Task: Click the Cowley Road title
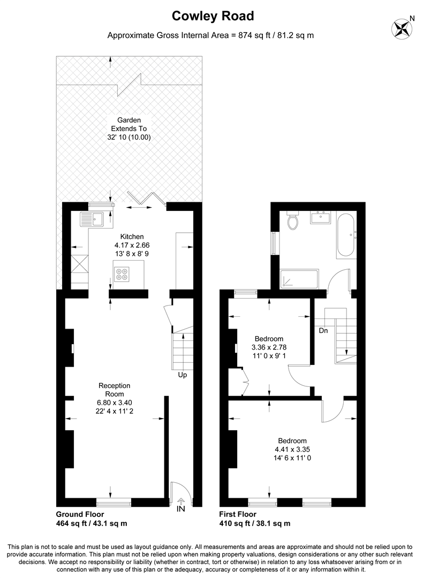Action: pyautogui.click(x=213, y=16)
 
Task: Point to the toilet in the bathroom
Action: pyautogui.click(x=293, y=220)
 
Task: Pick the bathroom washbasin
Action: pyautogui.click(x=321, y=217)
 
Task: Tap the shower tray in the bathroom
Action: pyautogui.click(x=299, y=279)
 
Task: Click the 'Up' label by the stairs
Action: pyautogui.click(x=183, y=375)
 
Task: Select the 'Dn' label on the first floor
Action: pyautogui.click(x=323, y=331)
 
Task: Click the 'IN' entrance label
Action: pyautogui.click(x=180, y=509)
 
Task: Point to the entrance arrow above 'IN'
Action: pyautogui.click(x=180, y=500)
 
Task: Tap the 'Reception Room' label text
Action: pyautogui.click(x=115, y=390)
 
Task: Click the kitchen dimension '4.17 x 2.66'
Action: pyautogui.click(x=132, y=245)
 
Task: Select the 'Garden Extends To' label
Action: pyautogui.click(x=129, y=124)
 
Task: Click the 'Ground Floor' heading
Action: pyautogui.click(x=80, y=514)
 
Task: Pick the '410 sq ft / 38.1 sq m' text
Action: pyautogui.click(x=254, y=523)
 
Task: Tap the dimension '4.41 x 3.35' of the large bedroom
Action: pyautogui.click(x=292, y=450)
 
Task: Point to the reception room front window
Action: pyautogui.click(x=114, y=502)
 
